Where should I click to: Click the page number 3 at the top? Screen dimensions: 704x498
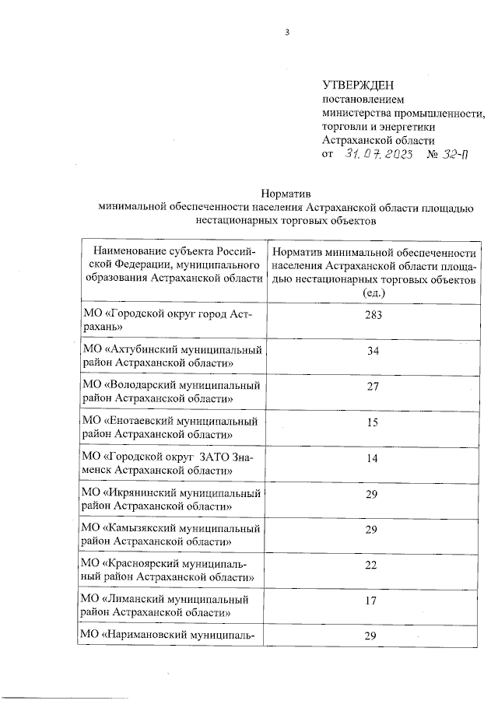287,33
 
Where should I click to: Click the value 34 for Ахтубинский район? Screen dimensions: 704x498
373,351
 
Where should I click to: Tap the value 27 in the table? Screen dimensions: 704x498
373,387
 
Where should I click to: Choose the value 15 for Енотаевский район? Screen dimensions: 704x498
373,422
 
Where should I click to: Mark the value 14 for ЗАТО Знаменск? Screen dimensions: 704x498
373,458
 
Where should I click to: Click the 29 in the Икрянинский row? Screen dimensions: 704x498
373,494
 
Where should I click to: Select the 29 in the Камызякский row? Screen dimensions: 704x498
373,530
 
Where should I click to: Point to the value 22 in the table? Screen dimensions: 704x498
373,566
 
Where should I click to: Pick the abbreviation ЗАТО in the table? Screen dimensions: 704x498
202,457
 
